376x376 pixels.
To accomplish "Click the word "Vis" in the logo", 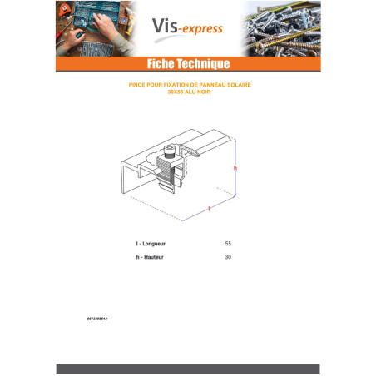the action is pos(165,26).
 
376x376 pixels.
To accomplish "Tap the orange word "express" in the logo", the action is pos(202,29).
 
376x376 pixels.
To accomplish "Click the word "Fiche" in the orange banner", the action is pos(161,63).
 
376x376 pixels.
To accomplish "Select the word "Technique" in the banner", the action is pos(204,64).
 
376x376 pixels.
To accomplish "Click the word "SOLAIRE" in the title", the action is pos(239,85).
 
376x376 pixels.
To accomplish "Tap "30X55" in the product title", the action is pos(176,92).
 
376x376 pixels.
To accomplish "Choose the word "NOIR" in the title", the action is pos(204,92).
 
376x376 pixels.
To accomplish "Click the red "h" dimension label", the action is pos(235,168).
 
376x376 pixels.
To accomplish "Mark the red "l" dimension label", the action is pos(209,209).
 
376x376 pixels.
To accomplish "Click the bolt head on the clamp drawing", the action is pos(170,151).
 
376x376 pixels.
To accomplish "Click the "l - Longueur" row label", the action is pos(151,244).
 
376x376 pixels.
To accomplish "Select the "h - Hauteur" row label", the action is pos(150,257).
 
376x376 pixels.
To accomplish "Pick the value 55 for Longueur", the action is pos(228,244).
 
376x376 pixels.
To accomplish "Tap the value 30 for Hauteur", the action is pos(228,257).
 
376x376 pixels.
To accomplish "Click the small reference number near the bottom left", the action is pos(97,319).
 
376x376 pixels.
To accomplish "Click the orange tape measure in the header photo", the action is pos(64,10).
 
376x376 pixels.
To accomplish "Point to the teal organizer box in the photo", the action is pos(96,14).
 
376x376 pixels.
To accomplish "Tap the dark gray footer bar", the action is pos(188,369).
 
